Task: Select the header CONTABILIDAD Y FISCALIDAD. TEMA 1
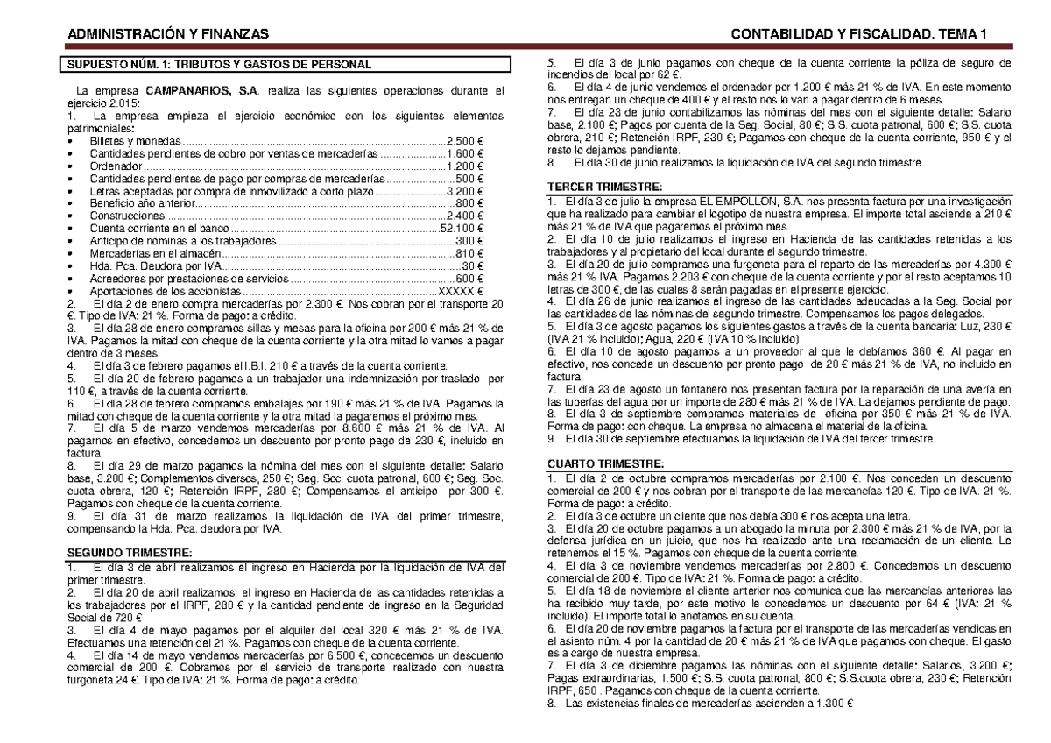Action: click(859, 34)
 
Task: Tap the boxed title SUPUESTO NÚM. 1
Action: click(215, 65)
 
